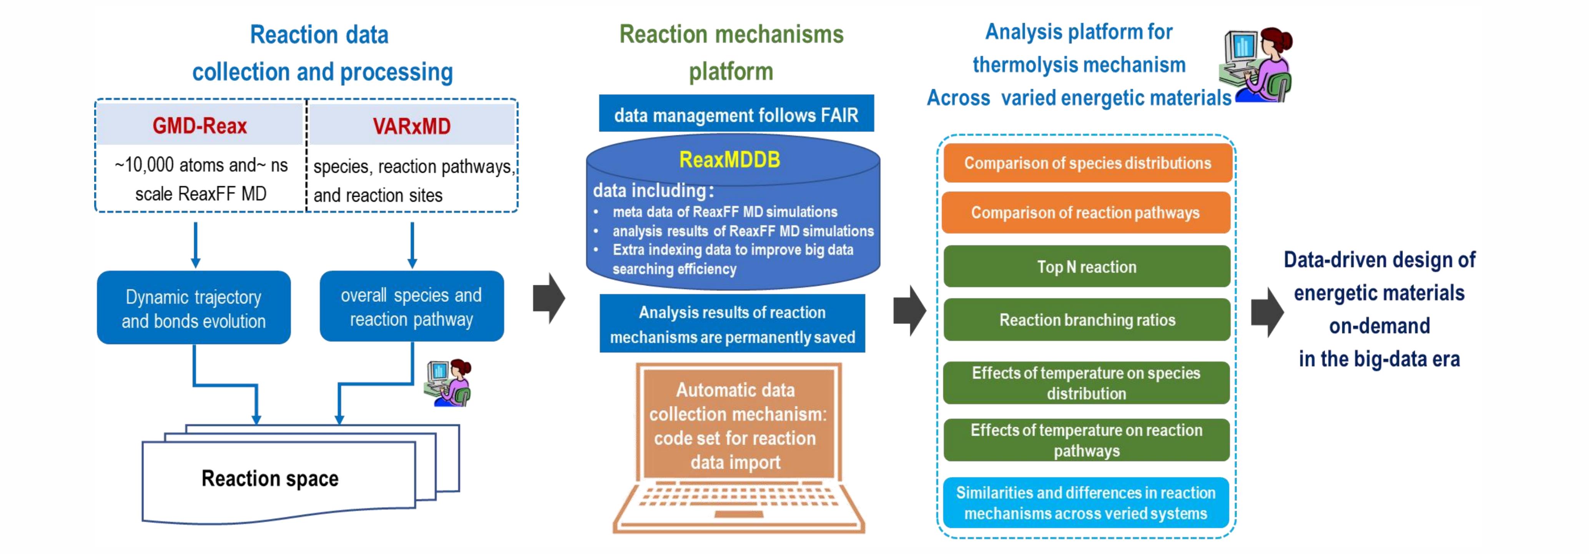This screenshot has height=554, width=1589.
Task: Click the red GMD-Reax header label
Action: [199, 126]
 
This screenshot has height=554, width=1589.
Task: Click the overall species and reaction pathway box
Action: [411, 307]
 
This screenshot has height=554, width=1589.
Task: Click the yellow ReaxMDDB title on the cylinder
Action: [729, 160]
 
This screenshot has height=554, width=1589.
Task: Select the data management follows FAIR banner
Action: [736, 115]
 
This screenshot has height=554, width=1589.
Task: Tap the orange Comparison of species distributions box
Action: [1087, 163]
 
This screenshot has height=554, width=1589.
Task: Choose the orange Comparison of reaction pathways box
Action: [1085, 212]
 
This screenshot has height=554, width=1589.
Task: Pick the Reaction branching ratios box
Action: [1087, 319]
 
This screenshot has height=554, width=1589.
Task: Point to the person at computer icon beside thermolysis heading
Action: [1257, 64]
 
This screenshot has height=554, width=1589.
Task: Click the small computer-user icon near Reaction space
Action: [448, 383]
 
